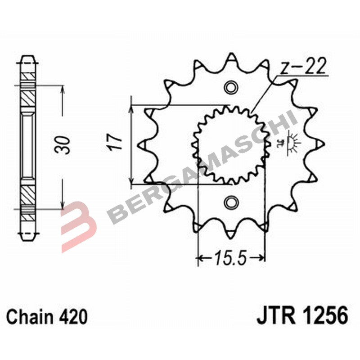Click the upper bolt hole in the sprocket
tap(231, 86)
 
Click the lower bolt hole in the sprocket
tap(231, 202)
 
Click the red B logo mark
tap(77, 225)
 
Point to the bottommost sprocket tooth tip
tap(231, 233)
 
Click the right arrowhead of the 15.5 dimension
tap(262, 258)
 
